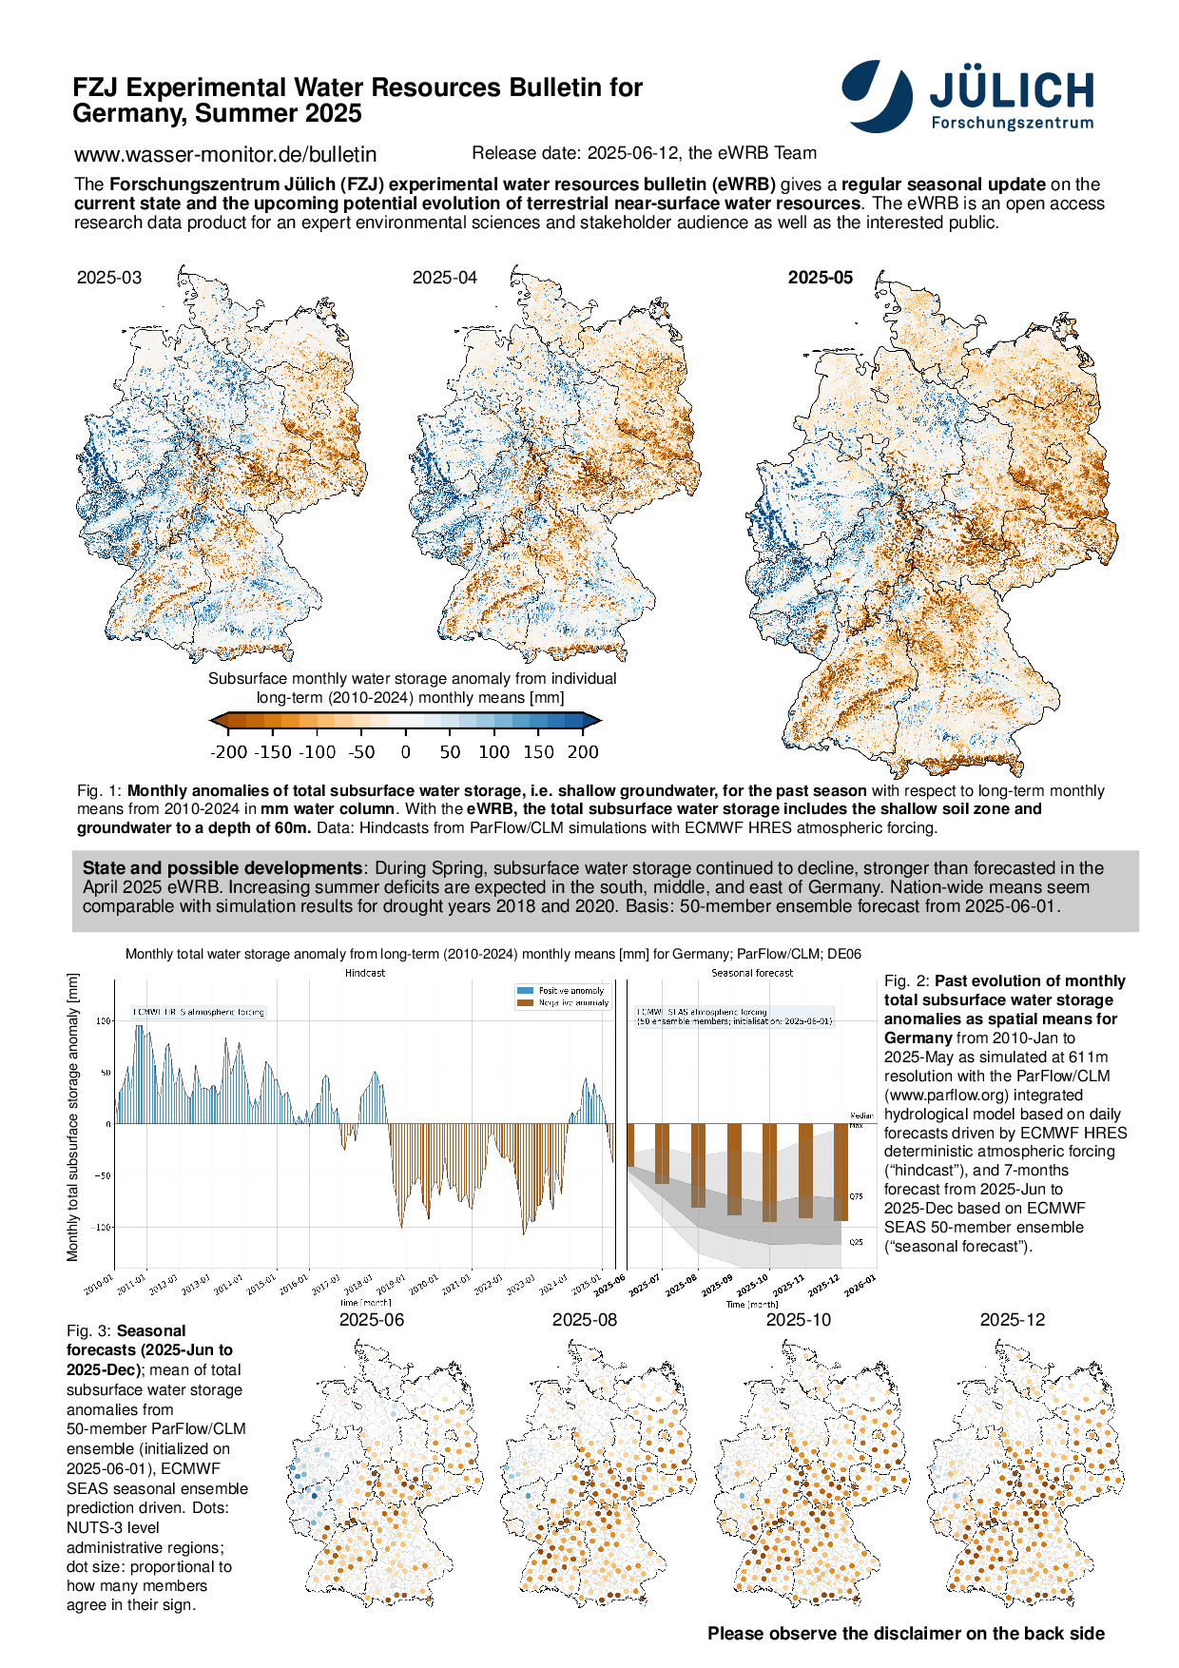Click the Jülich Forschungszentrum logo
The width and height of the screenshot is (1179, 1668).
pos(968,95)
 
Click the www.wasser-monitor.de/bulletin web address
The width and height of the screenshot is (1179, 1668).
pos(225,154)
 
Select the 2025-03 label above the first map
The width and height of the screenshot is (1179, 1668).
pos(109,278)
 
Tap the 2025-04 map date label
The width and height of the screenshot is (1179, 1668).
pos(444,278)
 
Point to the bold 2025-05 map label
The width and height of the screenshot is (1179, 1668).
pos(821,278)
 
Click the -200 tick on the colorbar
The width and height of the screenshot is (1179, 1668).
pos(228,752)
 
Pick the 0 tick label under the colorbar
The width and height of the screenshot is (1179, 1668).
pos(406,752)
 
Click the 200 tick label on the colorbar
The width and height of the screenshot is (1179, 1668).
pos(583,752)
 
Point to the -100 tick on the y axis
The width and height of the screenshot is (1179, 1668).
pos(102,1228)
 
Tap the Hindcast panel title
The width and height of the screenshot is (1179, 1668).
pos(365,973)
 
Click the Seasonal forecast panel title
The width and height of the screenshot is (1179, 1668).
pos(752,973)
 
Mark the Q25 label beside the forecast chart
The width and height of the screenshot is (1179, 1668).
pos(857,1242)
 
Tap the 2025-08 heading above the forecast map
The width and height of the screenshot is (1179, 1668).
pos(585,1320)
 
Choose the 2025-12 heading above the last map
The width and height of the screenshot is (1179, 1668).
pos(1013,1320)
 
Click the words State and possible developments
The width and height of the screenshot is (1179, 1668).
pos(222,868)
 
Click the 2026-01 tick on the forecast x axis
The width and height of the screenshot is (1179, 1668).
pos(860,1286)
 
